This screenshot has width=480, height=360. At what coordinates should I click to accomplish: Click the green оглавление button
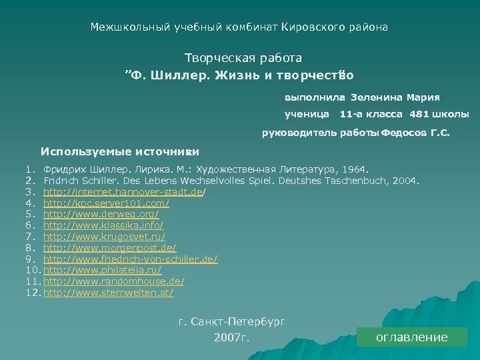pos(411,337)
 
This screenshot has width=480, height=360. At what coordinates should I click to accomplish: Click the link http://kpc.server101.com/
pos(106,203)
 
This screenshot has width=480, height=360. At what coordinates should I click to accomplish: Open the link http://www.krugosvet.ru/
pos(105,237)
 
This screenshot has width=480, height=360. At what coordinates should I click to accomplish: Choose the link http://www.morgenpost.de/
pos(109,248)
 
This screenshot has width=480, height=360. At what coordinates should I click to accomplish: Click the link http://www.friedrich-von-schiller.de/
pos(130,259)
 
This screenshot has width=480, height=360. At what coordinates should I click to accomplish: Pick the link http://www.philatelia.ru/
pos(103,270)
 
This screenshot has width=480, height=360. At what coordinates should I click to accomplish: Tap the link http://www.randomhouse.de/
pos(114,281)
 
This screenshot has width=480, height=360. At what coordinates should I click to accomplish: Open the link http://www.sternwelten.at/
pos(109,293)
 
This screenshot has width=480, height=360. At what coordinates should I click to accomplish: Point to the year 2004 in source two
pos(406,180)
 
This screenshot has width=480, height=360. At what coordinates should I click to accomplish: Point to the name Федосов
pos(405,133)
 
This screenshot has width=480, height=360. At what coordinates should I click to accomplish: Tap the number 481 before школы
pos(419,114)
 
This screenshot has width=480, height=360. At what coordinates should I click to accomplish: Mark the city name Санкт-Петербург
pos(238,321)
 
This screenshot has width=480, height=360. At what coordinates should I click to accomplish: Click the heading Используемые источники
pos(120,151)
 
